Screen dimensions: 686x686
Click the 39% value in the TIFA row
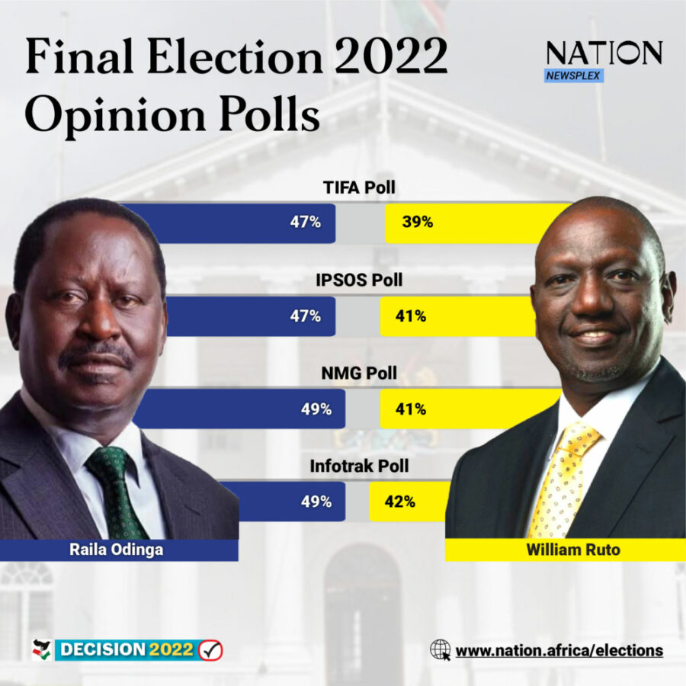[x=418, y=223]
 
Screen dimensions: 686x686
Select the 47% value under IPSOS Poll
[x=306, y=316]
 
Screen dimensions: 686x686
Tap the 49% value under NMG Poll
[x=316, y=409]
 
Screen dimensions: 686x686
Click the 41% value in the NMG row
[x=411, y=409]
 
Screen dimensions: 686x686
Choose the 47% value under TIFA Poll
[x=306, y=223]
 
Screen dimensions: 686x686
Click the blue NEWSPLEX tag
[x=574, y=75]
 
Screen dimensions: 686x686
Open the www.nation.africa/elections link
[x=559, y=650]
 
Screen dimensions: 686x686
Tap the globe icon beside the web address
[x=440, y=649]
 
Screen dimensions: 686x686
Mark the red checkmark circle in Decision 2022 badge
[x=210, y=650]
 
